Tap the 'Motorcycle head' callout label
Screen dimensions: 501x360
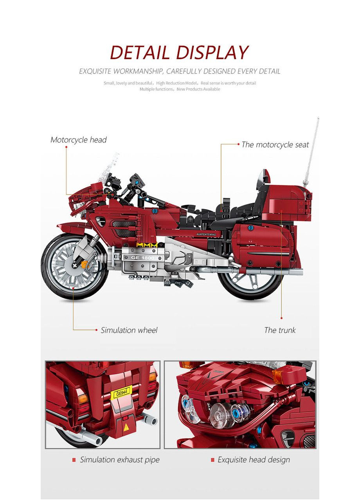pyautogui.click(x=78, y=140)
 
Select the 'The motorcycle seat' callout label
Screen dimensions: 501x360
pyautogui.click(x=275, y=145)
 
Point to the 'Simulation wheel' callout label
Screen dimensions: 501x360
pyautogui.click(x=129, y=330)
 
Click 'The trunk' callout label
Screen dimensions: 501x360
pyautogui.click(x=280, y=330)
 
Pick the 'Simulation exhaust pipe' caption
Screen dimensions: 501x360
pyautogui.click(x=120, y=460)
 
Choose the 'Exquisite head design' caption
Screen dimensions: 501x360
pyautogui.click(x=254, y=460)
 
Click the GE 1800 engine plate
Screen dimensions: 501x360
pyautogui.click(x=138, y=258)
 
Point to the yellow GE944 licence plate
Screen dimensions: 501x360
pyautogui.click(x=121, y=392)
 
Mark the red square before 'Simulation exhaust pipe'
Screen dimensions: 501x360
pyautogui.click(x=74, y=460)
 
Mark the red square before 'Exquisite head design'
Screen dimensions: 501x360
pyautogui.click(x=212, y=460)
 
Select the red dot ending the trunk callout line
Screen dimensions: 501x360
pyautogui.click(x=281, y=318)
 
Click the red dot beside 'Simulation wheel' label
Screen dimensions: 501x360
pyautogui.click(x=97, y=330)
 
